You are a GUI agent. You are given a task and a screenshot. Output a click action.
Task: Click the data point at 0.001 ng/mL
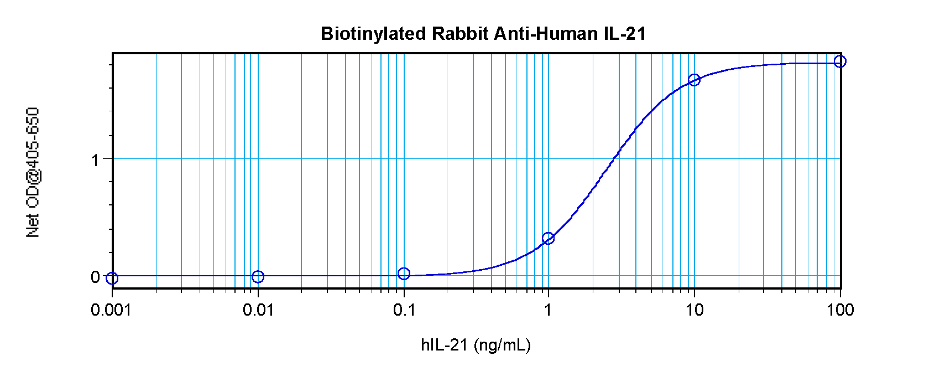point(112,278)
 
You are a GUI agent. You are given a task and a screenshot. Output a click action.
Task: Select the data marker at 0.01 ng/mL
point(258,276)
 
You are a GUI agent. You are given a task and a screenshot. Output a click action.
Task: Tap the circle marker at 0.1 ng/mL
point(404,274)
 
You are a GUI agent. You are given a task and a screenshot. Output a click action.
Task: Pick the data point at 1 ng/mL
point(548,238)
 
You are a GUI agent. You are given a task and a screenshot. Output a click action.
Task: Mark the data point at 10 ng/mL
point(694,80)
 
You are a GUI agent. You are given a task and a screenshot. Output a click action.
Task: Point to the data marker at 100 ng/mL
point(840,61)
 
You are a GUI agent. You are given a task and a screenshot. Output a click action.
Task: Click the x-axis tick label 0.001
point(111,310)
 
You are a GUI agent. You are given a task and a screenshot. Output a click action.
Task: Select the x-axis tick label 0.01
point(258,310)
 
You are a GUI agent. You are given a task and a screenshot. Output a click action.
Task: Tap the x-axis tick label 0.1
point(404,310)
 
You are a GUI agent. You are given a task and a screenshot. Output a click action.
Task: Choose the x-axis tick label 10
point(694,310)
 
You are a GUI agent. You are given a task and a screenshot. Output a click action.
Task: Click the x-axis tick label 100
point(840,310)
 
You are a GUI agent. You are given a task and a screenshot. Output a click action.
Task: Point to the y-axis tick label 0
point(95,277)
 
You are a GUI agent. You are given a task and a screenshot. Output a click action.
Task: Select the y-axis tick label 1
point(95,159)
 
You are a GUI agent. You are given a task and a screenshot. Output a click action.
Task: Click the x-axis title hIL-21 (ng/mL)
point(476,346)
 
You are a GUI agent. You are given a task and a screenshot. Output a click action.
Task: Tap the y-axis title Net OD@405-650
point(33,172)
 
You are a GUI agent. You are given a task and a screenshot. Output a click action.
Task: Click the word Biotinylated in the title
point(373,34)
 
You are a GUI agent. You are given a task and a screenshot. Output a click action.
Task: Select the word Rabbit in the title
point(459,34)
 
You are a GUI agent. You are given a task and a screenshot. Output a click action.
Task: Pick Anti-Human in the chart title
point(545,34)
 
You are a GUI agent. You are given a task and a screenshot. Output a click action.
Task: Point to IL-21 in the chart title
point(625,34)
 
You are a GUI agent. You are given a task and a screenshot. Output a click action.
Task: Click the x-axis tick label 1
point(548,310)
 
